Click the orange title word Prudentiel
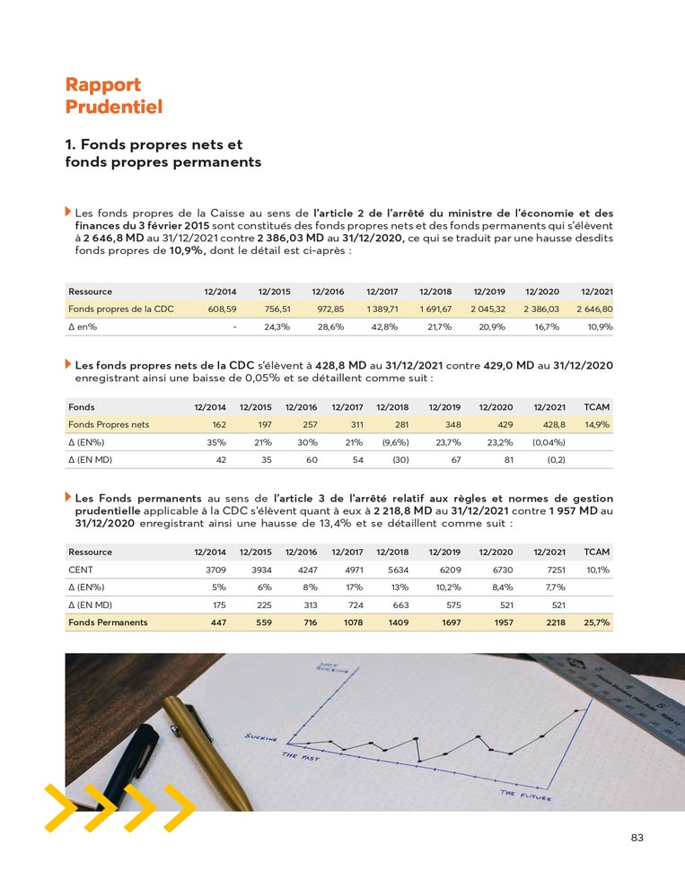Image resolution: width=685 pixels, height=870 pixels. click(113, 107)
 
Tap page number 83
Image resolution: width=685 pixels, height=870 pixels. click(637, 838)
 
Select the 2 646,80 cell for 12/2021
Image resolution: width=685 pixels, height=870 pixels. click(594, 309)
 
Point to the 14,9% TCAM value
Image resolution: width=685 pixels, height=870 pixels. click(597, 424)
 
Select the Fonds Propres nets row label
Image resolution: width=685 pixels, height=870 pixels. click(109, 424)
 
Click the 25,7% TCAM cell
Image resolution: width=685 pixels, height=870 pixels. click(597, 622)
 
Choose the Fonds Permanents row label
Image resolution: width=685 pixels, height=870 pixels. click(108, 622)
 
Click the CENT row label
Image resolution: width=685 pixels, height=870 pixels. click(80, 569)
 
